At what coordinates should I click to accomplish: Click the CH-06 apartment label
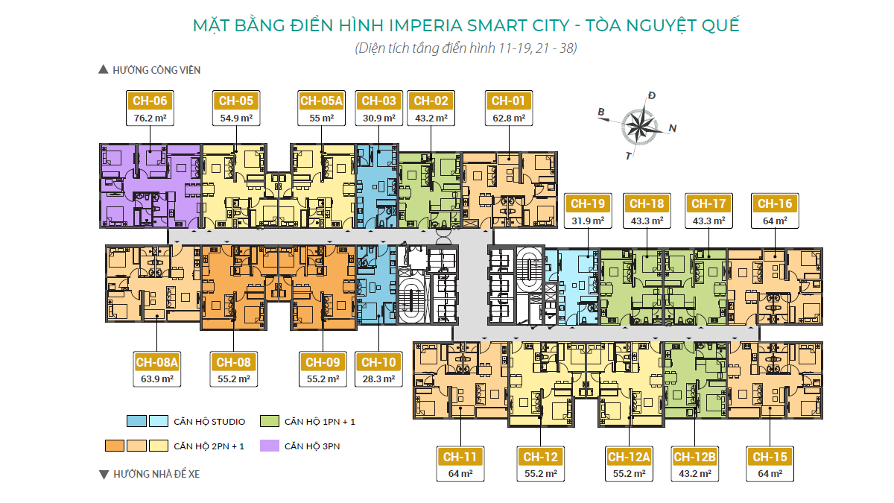click(150, 101)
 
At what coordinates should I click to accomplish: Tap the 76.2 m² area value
click(150, 118)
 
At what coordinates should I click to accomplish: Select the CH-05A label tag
click(321, 101)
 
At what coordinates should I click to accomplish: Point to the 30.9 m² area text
click(378, 118)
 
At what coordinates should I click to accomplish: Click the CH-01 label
click(508, 101)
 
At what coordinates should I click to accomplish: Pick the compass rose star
click(639, 127)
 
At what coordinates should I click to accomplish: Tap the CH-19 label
click(588, 203)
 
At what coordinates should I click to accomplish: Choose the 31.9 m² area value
click(588, 221)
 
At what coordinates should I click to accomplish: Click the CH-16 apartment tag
click(775, 203)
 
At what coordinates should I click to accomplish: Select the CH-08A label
click(157, 362)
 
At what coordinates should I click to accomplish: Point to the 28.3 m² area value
click(378, 379)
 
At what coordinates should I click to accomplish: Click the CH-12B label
click(694, 457)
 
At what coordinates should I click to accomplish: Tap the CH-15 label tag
click(770, 457)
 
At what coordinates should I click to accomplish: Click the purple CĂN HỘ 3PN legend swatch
click(270, 446)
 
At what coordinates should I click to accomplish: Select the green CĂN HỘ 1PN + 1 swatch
click(270, 421)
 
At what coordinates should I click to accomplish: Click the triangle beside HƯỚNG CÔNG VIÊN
click(104, 69)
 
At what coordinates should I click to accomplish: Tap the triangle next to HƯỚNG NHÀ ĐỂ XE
click(104, 474)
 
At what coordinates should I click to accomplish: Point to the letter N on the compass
click(673, 128)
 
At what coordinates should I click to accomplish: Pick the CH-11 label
click(460, 457)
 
